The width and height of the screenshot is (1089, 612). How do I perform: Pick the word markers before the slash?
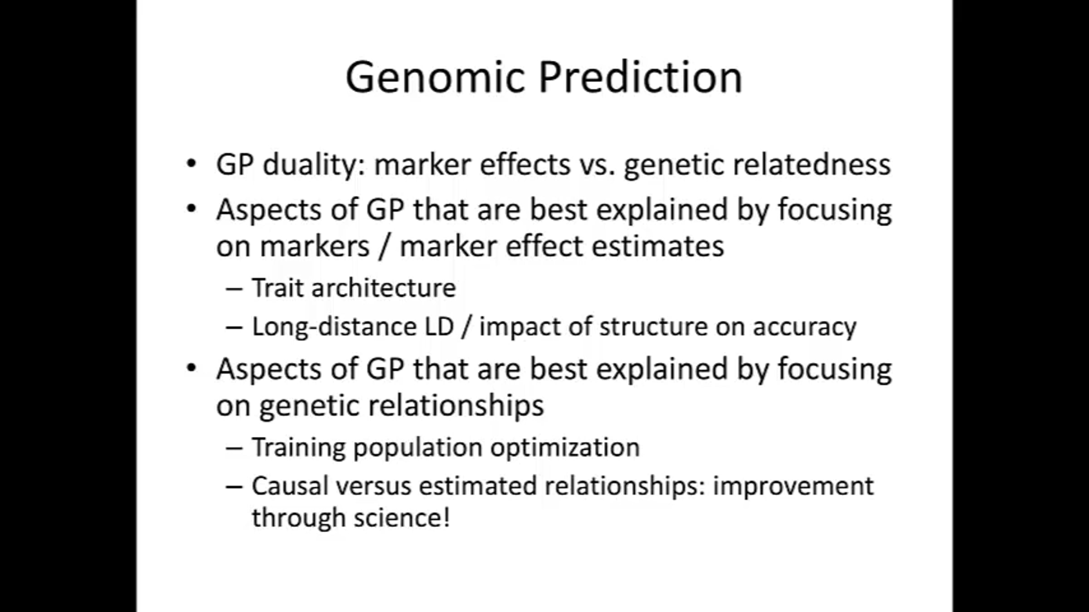pos(314,246)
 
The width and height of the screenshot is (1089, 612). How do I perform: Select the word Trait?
pos(278,288)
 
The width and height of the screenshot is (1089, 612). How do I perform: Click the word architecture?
pos(383,288)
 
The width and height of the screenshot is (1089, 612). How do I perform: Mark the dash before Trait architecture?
pos(234,289)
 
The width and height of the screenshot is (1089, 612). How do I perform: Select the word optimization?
pos(565,448)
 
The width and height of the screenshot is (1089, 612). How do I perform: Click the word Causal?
pos(290,486)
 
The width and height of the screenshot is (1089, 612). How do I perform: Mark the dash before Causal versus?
pos(234,487)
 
